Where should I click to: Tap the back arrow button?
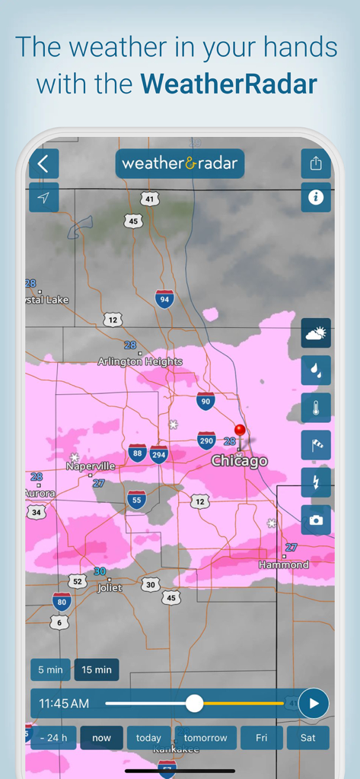click(x=43, y=164)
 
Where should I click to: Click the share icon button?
click(x=316, y=164)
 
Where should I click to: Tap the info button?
click(x=316, y=198)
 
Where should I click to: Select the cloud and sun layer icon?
click(x=316, y=333)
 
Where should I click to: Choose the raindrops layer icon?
click(x=316, y=370)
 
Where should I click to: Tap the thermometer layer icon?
click(x=316, y=408)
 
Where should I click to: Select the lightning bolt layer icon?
click(x=316, y=482)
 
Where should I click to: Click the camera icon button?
click(x=316, y=520)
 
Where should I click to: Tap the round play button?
click(x=314, y=704)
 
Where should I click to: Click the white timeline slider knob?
click(x=195, y=704)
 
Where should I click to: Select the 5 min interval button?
click(x=50, y=669)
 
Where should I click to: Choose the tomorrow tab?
click(x=205, y=738)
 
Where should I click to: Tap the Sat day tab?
click(x=308, y=738)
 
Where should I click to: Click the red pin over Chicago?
click(x=241, y=432)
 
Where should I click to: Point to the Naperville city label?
click(x=91, y=466)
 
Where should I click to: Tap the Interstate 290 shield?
click(x=206, y=440)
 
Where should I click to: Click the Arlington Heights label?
click(x=140, y=362)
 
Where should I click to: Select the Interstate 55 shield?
click(x=137, y=500)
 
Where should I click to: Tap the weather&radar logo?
click(x=180, y=164)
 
